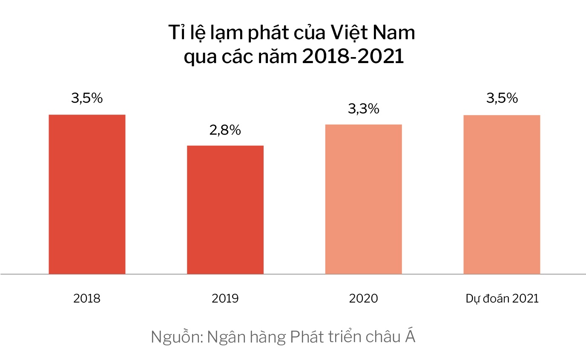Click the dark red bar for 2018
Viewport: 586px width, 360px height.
point(87,194)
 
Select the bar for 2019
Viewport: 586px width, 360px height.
point(225,210)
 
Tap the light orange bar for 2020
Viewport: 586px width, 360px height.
point(363,199)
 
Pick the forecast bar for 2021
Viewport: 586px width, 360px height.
point(502,194)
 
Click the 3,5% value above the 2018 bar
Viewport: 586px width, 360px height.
point(87,98)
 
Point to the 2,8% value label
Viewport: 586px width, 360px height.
point(225,130)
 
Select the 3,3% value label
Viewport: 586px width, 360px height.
point(363,109)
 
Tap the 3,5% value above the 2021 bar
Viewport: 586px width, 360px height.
point(502,98)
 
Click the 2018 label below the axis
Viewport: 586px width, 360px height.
point(87,298)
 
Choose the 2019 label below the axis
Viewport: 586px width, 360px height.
point(225,298)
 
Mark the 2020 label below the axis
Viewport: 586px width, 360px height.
point(363,298)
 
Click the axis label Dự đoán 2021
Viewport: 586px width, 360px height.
point(502,299)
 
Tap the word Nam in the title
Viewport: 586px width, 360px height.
point(395,33)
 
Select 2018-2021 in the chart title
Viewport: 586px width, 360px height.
point(353,57)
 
